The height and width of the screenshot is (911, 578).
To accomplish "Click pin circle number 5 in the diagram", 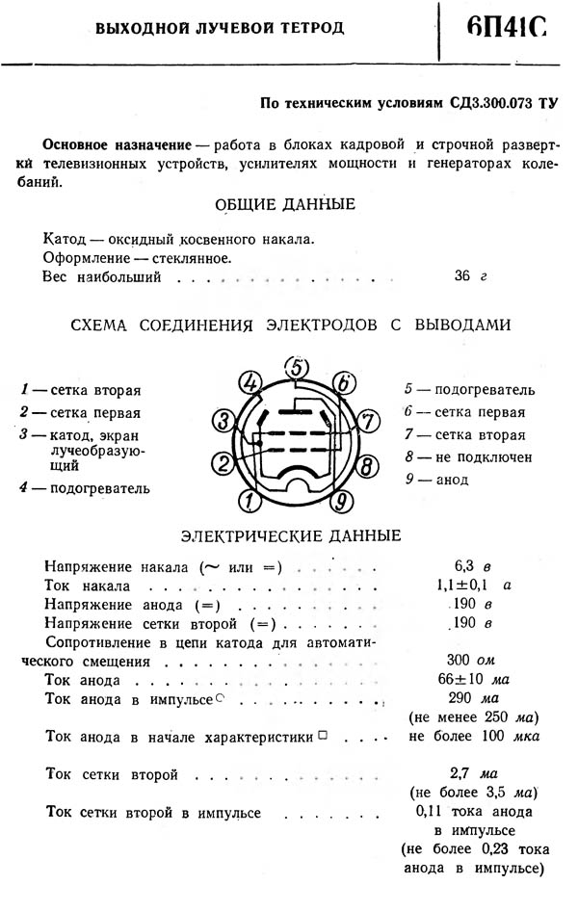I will (x=299, y=368).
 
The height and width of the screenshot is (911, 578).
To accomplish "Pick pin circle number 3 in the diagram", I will (x=223, y=421).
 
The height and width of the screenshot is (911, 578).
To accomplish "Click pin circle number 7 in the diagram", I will (x=367, y=420).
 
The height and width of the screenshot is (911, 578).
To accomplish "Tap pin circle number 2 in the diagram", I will (x=223, y=465).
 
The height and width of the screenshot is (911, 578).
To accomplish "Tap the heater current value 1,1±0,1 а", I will (x=471, y=584).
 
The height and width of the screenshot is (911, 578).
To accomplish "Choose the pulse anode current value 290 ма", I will (x=471, y=699).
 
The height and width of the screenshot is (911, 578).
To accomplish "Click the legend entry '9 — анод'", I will (x=437, y=479).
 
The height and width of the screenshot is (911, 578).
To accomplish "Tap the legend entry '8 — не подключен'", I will (x=469, y=456).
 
